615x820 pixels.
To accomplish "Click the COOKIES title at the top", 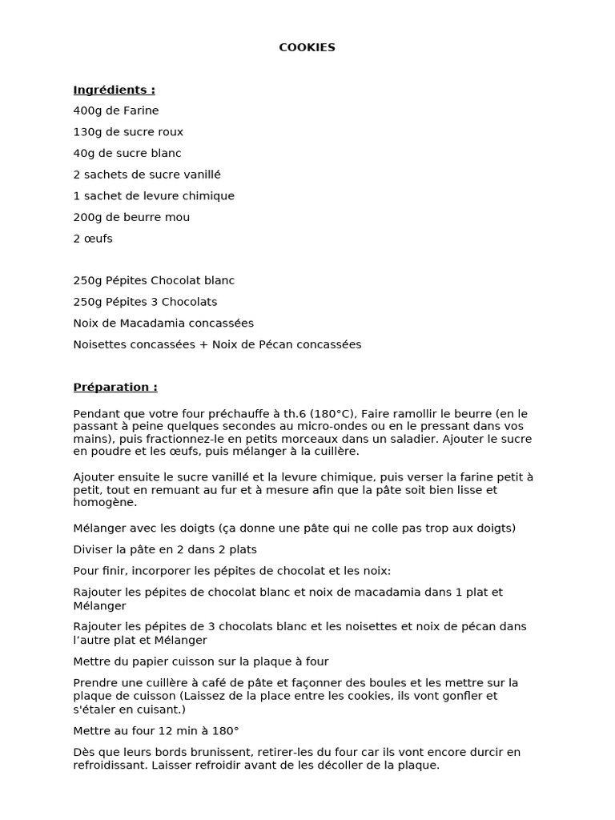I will (307, 47).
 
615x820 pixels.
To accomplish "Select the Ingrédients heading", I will (114, 90).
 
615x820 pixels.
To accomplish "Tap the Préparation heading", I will (115, 387).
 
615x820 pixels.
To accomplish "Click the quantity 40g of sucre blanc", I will (83, 153).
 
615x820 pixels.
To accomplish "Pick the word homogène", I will (103, 503).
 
